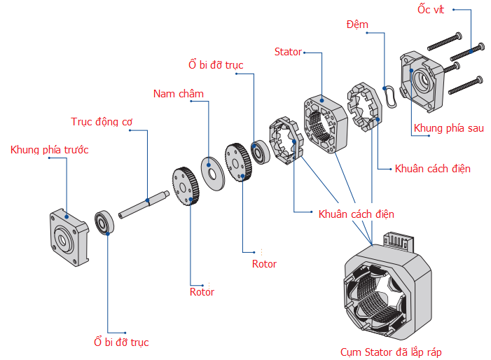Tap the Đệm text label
[x=357, y=25]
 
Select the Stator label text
[x=288, y=52]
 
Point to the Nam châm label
[x=179, y=94]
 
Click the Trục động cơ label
[x=102, y=122]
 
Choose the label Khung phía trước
[x=49, y=150]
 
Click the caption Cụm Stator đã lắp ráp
[x=391, y=352]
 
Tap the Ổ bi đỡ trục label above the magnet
[x=216, y=65]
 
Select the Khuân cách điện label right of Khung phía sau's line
[x=433, y=169]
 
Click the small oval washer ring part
[x=390, y=95]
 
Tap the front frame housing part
[x=67, y=232]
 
